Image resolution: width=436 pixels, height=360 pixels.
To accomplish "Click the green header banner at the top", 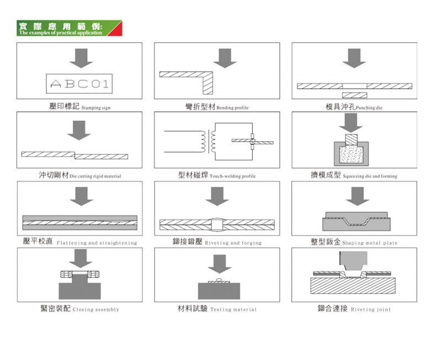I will pos(69,29).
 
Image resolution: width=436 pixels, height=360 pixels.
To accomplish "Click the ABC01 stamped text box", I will pos(79,84).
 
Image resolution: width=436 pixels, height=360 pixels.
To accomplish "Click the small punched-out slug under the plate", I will pos(354,95).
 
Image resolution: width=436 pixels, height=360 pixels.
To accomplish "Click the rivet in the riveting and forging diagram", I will pos(217,224).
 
